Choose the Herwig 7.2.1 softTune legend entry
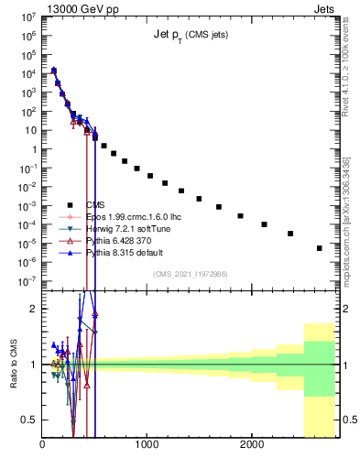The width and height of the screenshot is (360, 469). pyautogui.click(x=123, y=228)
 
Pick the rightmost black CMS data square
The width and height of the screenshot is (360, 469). pyautogui.click(x=319, y=248)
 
